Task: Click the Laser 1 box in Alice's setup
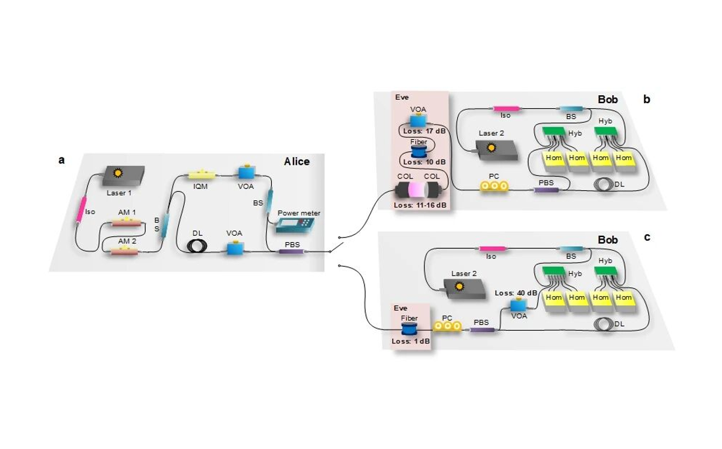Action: point(124,176)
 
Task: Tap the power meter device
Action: point(295,225)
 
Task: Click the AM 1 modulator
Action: point(127,223)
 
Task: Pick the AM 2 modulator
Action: point(122,251)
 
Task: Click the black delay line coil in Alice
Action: point(197,246)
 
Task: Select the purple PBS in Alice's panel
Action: point(292,251)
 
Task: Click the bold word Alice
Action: point(296,161)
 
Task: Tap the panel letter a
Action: point(61,160)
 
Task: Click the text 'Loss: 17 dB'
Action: point(424,131)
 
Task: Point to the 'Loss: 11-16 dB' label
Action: point(420,205)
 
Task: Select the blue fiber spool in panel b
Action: point(419,151)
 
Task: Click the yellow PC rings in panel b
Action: point(494,186)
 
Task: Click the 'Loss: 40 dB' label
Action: point(516,293)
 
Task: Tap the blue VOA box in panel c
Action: point(519,305)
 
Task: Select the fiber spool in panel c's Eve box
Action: point(409,329)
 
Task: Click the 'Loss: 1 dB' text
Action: point(410,341)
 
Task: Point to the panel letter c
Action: point(647,238)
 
